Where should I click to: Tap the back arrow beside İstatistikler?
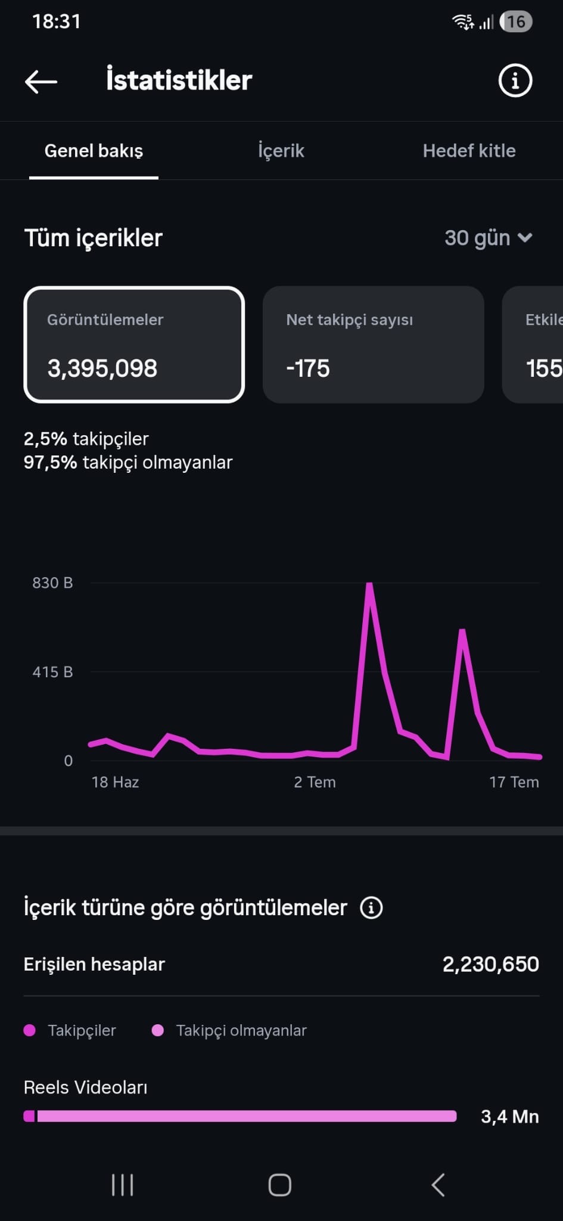41,81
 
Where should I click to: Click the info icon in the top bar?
515,80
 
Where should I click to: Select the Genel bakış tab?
94,151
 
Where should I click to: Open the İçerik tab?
281,150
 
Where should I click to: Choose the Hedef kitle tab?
469,151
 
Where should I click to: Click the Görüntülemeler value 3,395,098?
102,368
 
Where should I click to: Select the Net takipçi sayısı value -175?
308,368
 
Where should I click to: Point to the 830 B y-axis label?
52,583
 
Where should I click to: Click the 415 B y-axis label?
52,672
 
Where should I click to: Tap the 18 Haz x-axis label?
115,782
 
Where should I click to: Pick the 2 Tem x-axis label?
315,782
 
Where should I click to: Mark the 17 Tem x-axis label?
514,782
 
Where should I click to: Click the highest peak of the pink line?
369,584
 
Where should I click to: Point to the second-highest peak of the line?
462,631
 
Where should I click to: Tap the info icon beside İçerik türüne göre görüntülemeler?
371,908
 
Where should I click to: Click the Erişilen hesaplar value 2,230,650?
490,964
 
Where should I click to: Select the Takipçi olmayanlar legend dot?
158,1030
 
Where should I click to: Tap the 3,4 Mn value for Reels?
510,1117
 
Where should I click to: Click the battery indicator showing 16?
516,22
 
